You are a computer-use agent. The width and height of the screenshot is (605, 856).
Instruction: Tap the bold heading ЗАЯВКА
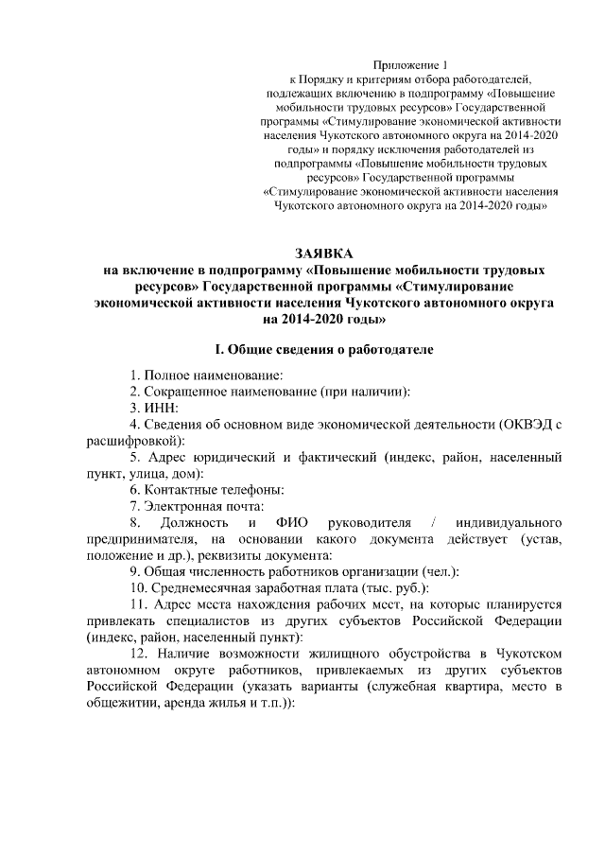tap(322, 253)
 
